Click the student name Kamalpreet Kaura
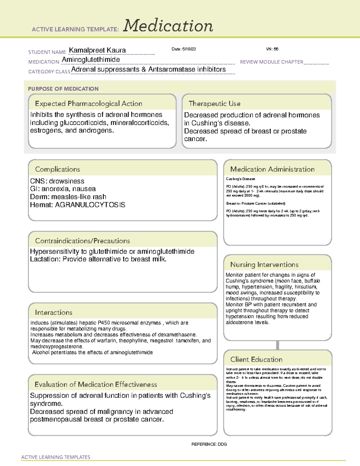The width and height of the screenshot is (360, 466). [97, 50]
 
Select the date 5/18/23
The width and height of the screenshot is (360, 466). [184, 49]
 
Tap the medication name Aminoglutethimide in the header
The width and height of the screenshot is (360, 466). [91, 60]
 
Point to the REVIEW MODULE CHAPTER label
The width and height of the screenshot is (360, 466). [271, 62]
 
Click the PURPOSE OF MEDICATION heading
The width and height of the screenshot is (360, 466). [63, 89]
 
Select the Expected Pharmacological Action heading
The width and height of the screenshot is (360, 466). [88, 104]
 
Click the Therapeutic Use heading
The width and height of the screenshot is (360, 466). [214, 104]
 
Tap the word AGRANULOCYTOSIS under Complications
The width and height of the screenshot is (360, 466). [90, 205]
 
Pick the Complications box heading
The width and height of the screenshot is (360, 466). [57, 169]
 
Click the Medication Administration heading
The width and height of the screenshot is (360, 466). [272, 169]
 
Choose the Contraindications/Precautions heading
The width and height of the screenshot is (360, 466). [82, 241]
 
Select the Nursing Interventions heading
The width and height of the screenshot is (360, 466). [264, 265]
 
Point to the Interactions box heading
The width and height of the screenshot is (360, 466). [53, 313]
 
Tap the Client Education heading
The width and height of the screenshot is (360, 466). [256, 359]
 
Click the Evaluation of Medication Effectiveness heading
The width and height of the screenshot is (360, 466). [96, 384]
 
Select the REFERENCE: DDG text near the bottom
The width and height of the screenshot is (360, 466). [209, 444]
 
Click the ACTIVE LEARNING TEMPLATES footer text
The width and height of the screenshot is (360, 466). [55, 457]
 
